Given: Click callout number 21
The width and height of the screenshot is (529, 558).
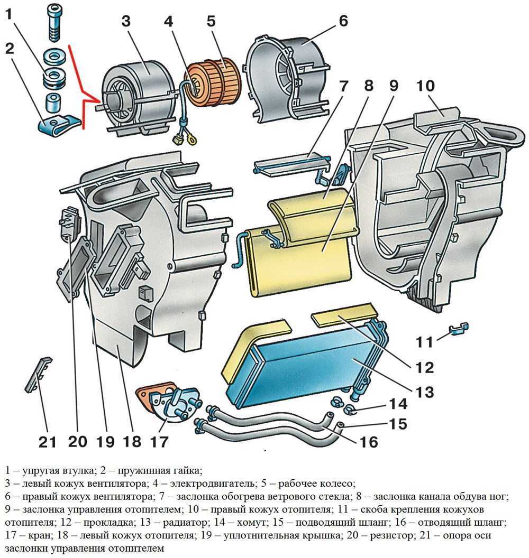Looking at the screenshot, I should (48, 440).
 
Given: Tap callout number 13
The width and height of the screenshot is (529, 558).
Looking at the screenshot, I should (424, 392).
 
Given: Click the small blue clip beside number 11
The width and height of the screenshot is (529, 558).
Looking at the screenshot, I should (458, 329).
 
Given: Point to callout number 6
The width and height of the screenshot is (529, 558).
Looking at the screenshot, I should (343, 22).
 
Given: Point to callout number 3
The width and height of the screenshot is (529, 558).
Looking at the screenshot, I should (125, 22).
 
